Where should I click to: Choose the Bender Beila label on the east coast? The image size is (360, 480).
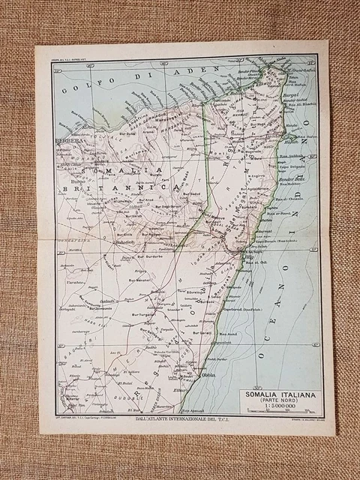[x=290, y=181]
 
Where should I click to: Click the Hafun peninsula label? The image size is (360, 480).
[x=289, y=140]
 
